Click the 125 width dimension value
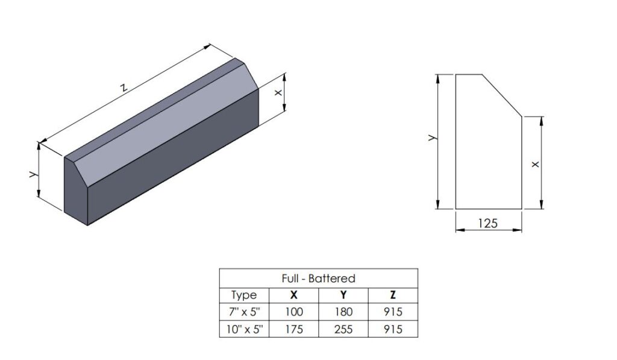click(487, 223)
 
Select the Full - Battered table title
click(318, 279)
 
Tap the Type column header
click(243, 295)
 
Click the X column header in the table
click(293, 295)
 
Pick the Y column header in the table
click(343, 295)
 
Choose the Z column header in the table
click(392, 295)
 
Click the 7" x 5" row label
click(243, 312)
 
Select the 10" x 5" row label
click(243, 329)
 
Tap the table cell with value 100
click(293, 312)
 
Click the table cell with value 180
click(343, 312)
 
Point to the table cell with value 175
click(293, 329)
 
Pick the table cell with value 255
click(343, 329)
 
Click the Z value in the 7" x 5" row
click(392, 312)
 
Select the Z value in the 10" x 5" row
click(392, 329)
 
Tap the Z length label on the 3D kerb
click(124, 87)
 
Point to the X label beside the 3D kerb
click(278, 93)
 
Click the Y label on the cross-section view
click(431, 138)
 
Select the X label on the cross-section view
click(535, 164)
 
